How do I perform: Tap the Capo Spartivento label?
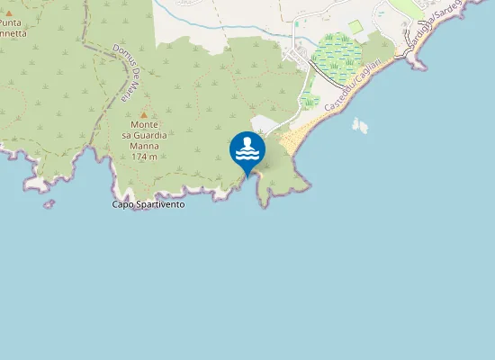point(148,204)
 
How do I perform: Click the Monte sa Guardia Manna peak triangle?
point(143,114)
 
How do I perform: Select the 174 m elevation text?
point(144,157)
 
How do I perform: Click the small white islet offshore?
point(360,125)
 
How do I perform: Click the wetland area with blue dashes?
point(336,56)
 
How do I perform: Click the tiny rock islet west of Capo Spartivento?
point(49,204)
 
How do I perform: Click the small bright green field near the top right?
point(355,28)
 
